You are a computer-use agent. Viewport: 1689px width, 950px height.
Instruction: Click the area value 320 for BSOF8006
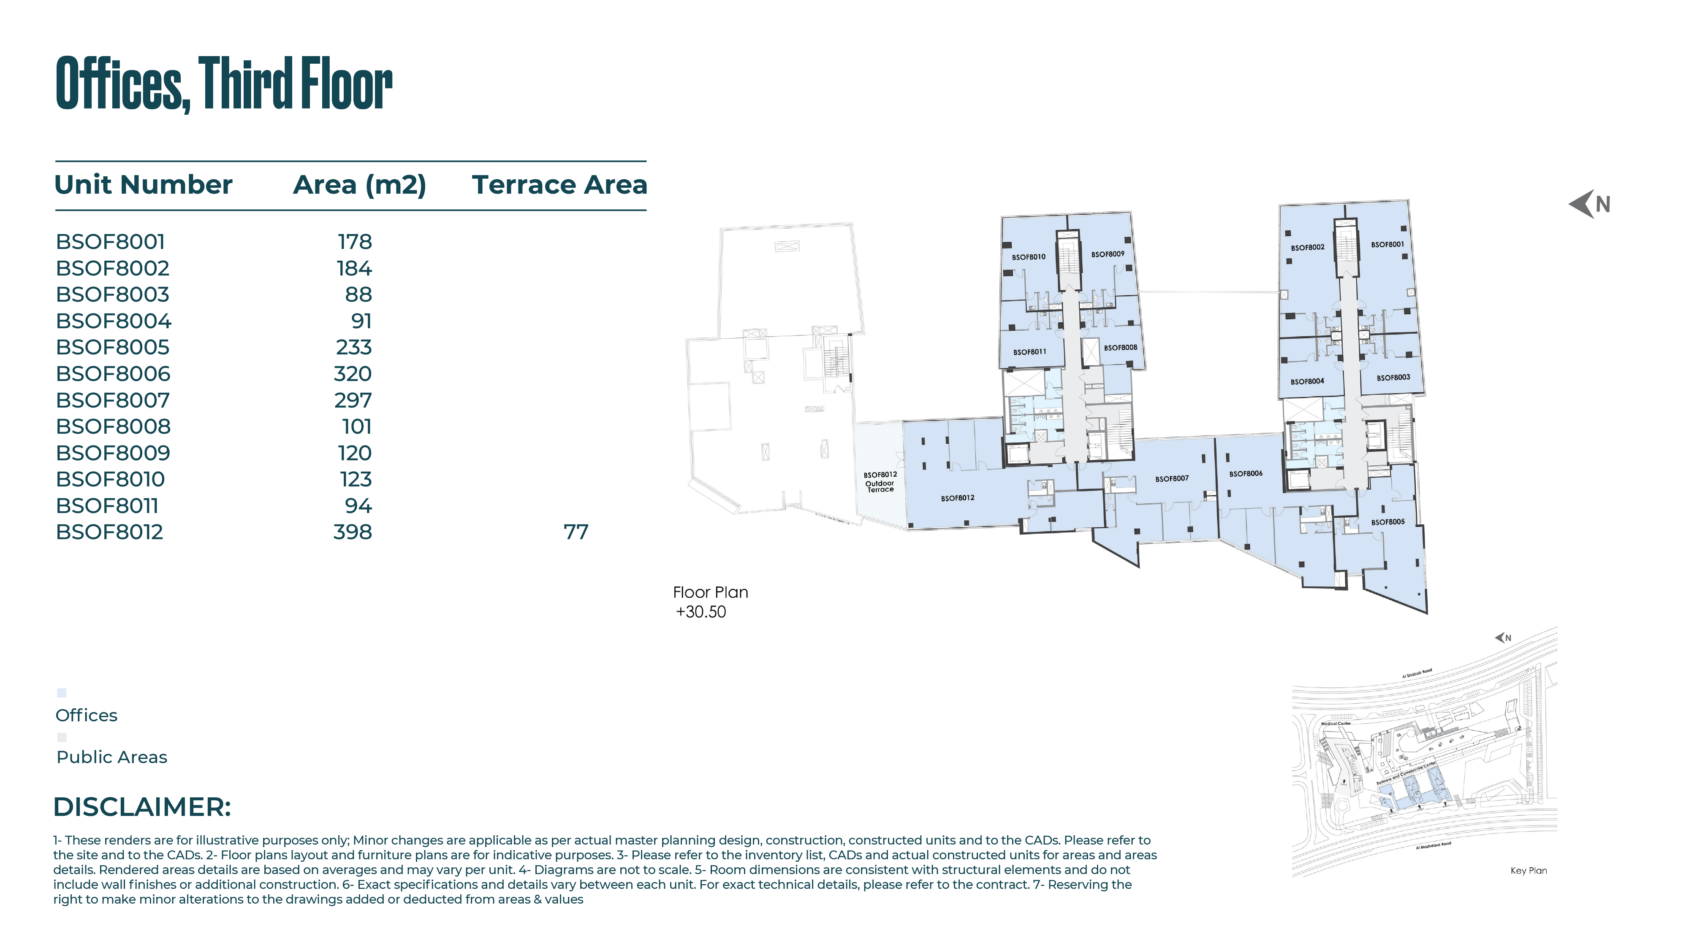[x=353, y=374]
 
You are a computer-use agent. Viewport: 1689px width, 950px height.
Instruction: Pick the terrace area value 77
[x=576, y=532]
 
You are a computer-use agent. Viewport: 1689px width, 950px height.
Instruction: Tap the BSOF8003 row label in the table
[x=113, y=295]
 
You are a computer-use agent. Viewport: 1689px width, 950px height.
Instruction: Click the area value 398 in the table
[x=353, y=532]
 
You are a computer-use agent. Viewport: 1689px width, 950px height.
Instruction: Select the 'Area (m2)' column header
[x=359, y=185]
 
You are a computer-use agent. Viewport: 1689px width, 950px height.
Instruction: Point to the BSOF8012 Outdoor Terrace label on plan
[x=880, y=482]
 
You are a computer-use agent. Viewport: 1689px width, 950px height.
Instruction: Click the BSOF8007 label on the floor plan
[x=1172, y=479]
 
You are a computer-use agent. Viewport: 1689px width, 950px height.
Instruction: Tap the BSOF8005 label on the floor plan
[x=1388, y=522]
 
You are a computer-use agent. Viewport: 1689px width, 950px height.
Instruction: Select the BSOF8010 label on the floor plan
[x=1029, y=257]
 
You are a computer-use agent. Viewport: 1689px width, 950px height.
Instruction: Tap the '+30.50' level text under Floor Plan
[x=701, y=612]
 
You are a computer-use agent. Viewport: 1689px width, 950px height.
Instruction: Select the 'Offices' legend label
[x=87, y=715]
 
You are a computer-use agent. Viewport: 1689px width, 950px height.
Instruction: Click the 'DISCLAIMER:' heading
[x=142, y=807]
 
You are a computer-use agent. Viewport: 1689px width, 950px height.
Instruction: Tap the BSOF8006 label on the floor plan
[x=1246, y=474]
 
